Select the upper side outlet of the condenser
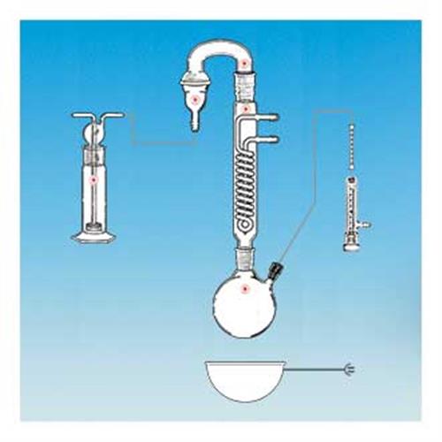270,117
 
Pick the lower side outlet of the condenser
270,138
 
